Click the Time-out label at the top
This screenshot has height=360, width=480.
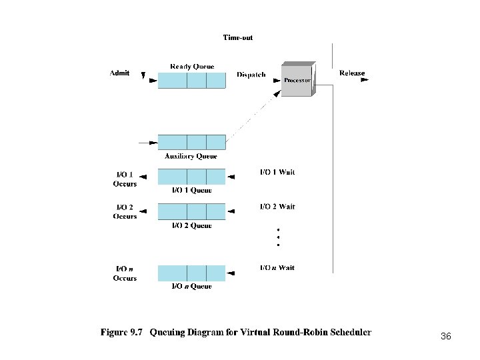(238, 38)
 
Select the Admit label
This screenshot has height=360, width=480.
(119, 73)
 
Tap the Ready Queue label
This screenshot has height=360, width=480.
(191, 66)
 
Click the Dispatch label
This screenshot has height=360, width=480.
(251, 75)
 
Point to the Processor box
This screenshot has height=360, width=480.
(297, 80)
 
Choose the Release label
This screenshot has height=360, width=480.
(351, 73)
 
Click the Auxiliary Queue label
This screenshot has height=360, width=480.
(191, 157)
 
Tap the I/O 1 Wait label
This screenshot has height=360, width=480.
(277, 172)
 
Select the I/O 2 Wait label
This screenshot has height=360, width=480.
(277, 207)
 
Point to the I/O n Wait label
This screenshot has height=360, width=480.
(277, 267)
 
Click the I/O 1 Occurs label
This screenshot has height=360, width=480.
(125, 179)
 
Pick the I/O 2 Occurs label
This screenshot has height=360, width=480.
(125, 211)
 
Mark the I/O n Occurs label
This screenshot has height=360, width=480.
(125, 273)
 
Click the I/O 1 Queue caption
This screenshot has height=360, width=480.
(192, 190)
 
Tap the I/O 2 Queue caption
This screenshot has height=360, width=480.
(192, 225)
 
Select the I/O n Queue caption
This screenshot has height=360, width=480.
(192, 286)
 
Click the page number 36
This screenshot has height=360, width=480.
(446, 337)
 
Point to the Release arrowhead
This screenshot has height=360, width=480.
(363, 80)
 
